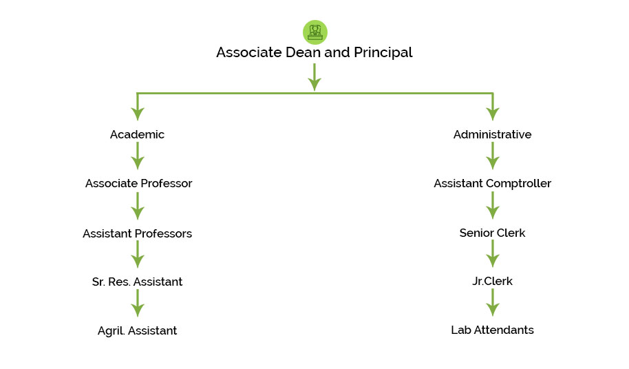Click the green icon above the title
coord(314,32)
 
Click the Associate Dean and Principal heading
coord(314,52)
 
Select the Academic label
coord(137,135)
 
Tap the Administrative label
coord(492,135)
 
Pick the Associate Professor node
coord(138,184)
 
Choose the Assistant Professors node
coord(137,233)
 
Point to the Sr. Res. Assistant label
coord(137,282)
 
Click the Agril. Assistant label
coord(137,331)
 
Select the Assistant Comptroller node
coord(492,184)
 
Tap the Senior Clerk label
coord(492,233)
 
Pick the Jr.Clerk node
coord(492,282)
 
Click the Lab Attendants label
coord(492,330)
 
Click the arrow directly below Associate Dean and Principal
coord(314,76)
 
